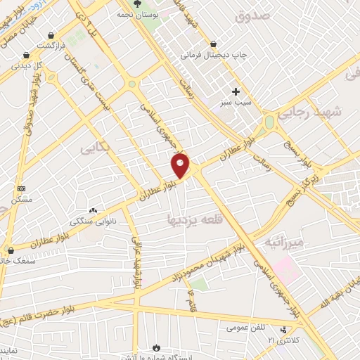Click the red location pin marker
pos(181,165)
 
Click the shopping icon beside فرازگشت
pos(51,34)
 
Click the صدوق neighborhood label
pos(251,15)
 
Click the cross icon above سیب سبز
pos(236,91)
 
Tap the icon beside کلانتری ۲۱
pos(283,330)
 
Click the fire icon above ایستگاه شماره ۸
pos(155,347)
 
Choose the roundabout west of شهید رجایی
pos(269,122)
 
